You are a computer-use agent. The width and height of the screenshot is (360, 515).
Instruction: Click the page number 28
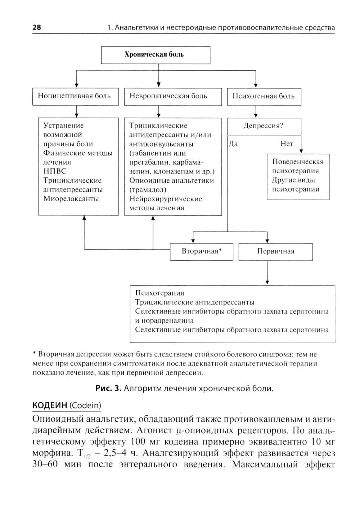point(37,27)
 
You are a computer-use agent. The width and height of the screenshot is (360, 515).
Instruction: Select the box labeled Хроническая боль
point(156,55)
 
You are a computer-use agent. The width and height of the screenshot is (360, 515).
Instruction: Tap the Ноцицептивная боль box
point(75,96)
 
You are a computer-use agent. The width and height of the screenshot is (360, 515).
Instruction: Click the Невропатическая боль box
point(172,96)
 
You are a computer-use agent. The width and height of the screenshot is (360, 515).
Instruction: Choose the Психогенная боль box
point(264,96)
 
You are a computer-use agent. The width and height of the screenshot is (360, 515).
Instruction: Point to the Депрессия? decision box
point(264,126)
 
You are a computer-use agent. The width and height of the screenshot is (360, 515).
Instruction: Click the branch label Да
point(233,144)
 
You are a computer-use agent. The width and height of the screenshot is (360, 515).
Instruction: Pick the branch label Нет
point(287,144)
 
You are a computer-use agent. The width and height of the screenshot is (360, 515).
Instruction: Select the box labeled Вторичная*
point(201,251)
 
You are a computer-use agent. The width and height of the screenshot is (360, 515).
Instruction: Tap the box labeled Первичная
point(275,251)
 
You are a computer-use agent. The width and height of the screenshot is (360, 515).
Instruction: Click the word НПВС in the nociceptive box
point(55,171)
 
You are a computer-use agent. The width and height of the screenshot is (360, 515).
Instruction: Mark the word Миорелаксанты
point(71,199)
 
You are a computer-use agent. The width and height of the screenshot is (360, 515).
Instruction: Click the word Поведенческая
point(298,162)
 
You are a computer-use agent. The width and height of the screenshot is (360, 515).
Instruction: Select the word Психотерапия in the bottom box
point(159,293)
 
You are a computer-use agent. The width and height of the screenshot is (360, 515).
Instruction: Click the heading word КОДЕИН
point(50,405)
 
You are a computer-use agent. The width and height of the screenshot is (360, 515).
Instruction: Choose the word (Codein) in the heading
point(85,405)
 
